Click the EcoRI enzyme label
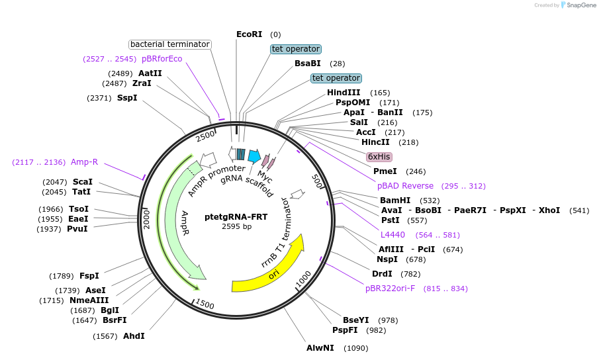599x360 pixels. coord(249,34)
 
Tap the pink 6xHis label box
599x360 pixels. coord(379,157)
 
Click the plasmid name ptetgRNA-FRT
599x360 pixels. coord(236,216)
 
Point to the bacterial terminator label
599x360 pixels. coord(170,44)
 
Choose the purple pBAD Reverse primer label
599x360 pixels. coord(405,186)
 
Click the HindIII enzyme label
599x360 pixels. coord(344,93)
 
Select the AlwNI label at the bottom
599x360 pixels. coord(320,347)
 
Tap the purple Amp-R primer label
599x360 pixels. coord(84,162)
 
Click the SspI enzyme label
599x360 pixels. coord(127,98)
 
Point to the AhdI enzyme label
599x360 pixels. coord(134,336)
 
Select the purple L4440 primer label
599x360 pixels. coord(392,235)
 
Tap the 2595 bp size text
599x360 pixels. coord(236,227)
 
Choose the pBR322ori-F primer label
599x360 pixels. coord(390,289)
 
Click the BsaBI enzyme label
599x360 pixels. coord(308,64)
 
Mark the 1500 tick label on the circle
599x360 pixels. coord(205,304)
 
